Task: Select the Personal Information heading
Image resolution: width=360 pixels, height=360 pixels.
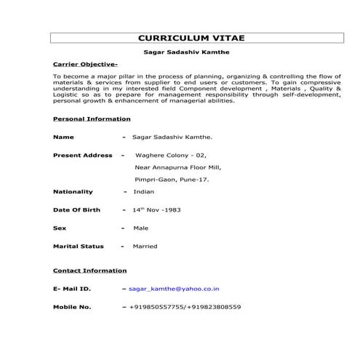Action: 92,119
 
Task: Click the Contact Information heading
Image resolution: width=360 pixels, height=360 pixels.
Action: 90,271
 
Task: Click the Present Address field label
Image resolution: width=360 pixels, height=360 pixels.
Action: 83,155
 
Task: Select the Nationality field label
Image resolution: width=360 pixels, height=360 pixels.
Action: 73,191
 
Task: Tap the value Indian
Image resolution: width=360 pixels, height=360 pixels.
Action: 143,191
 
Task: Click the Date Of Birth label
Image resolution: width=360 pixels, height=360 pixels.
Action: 77,209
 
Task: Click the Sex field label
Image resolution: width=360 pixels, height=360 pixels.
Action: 60,228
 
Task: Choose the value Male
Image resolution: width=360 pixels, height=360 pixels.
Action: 140,228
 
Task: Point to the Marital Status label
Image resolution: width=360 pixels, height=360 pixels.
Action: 79,246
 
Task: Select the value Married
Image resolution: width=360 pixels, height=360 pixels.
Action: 145,246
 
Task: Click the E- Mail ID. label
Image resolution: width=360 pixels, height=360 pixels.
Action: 72,289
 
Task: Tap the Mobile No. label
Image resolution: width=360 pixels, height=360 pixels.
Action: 72,307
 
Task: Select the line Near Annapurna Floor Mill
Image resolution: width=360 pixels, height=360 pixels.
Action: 177,167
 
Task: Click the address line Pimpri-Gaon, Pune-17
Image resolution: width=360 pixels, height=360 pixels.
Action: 172,178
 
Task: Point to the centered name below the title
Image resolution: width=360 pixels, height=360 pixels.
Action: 188,52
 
